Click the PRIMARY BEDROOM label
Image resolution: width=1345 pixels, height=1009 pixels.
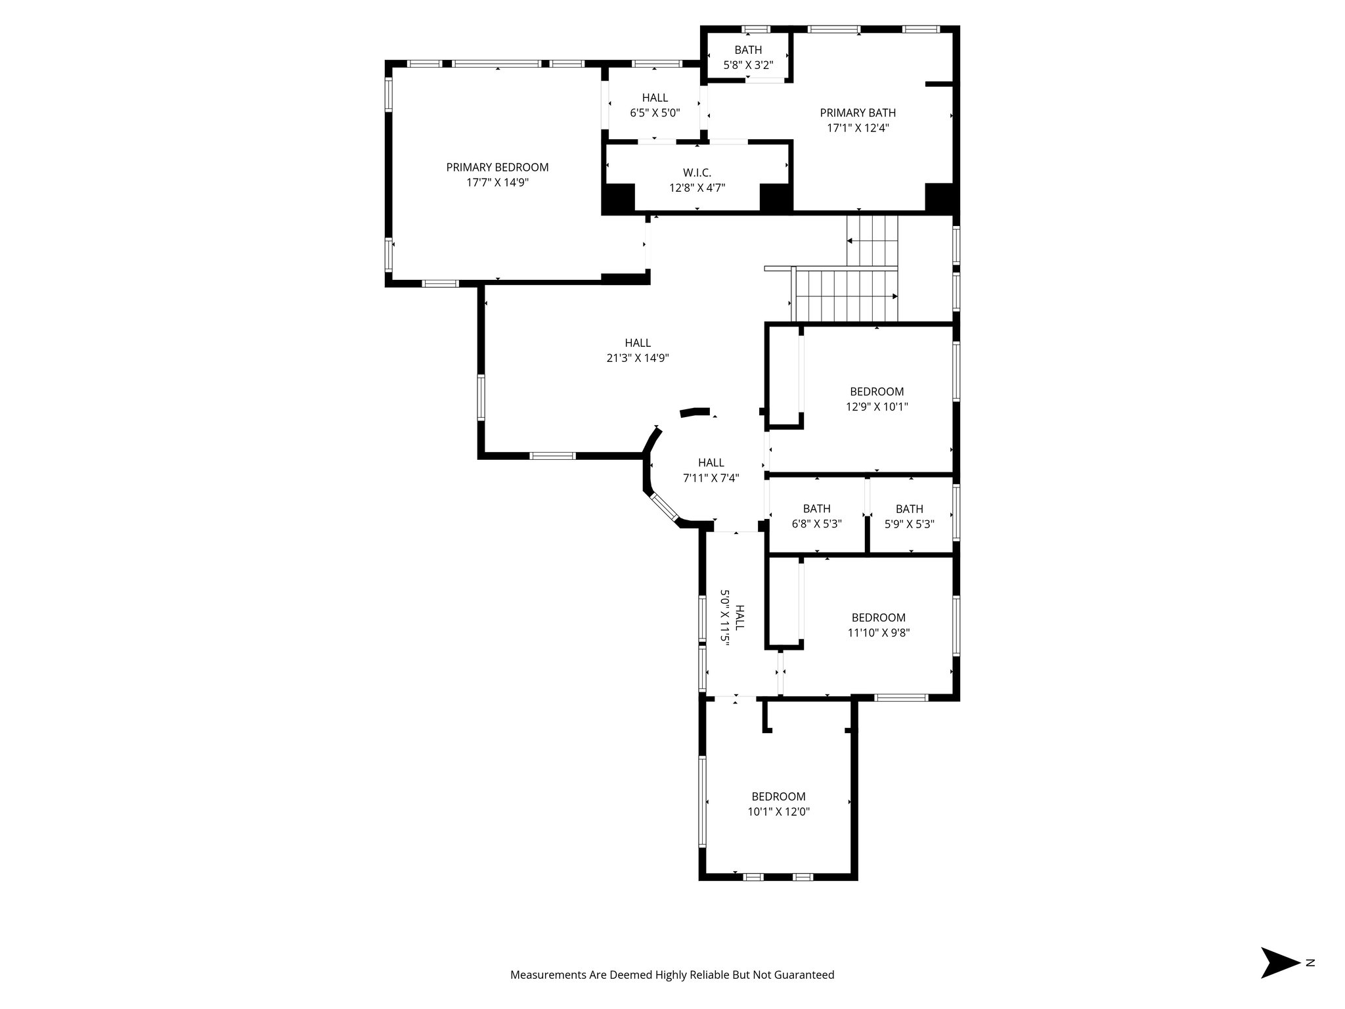(x=497, y=168)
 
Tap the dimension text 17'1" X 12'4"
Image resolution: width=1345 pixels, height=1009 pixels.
(x=858, y=128)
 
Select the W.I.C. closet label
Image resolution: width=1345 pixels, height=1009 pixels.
(x=697, y=173)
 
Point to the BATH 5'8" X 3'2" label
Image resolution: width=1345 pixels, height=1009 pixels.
(x=748, y=57)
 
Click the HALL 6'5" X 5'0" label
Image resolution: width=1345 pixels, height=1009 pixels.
(x=655, y=105)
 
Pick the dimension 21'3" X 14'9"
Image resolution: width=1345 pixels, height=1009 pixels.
(x=637, y=358)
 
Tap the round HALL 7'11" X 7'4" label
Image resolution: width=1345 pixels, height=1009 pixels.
(x=711, y=470)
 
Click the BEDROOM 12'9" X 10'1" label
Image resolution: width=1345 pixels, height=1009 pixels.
(x=877, y=399)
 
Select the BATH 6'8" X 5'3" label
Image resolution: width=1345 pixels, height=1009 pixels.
(x=816, y=516)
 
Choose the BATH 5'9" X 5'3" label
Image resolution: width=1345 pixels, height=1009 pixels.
(x=909, y=516)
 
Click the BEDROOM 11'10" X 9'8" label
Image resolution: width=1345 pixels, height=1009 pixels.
(x=878, y=625)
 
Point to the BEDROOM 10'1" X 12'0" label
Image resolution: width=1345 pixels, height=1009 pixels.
(x=778, y=803)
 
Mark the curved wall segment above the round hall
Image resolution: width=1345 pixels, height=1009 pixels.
(x=695, y=412)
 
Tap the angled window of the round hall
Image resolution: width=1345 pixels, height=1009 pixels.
(x=665, y=509)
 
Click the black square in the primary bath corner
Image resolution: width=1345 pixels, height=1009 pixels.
(x=938, y=197)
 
